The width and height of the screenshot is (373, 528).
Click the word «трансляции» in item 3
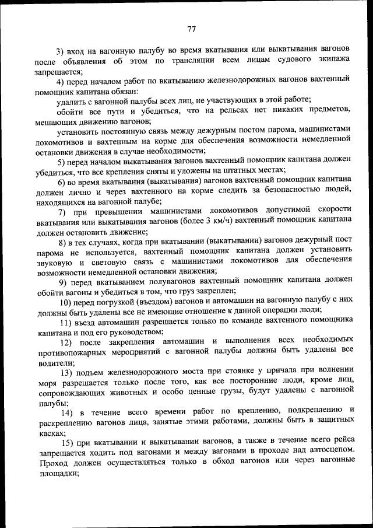(x=200, y=60)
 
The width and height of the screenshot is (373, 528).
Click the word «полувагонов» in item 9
(x=154, y=281)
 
